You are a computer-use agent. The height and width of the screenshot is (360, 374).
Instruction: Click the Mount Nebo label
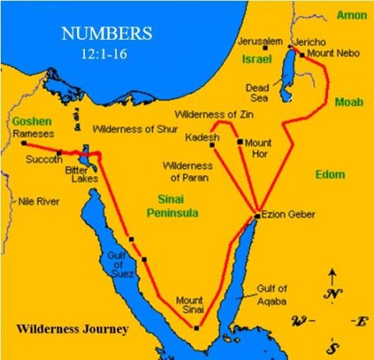pyautogui.click(x=330, y=53)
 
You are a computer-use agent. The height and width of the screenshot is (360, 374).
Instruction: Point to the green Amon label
pyautogui.click(x=351, y=15)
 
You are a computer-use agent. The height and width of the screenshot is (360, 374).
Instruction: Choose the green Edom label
pyautogui.click(x=330, y=175)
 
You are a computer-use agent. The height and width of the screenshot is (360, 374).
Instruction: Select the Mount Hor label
pyautogui.click(x=258, y=148)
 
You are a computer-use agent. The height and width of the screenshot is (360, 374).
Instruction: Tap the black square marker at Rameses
pyautogui.click(x=23, y=143)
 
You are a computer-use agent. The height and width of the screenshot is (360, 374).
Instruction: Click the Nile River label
pyautogui.click(x=39, y=202)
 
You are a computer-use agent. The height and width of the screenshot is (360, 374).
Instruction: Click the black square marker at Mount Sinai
pyautogui.click(x=196, y=328)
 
